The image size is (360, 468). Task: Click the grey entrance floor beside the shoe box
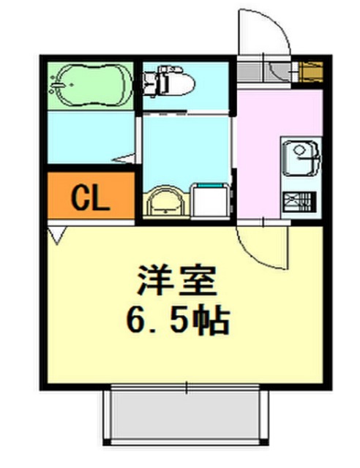tap(271, 72)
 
